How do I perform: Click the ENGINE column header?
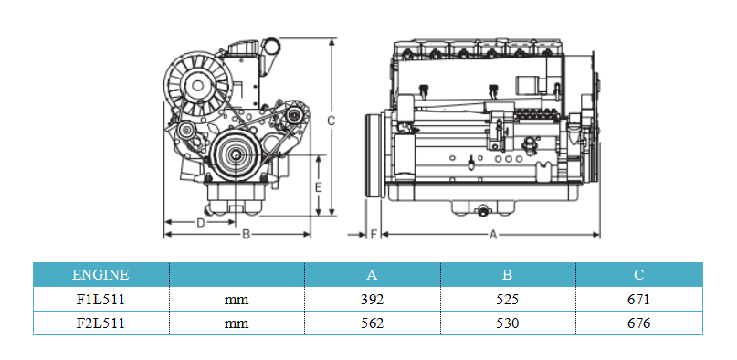[x=100, y=274]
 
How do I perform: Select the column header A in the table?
[x=372, y=274]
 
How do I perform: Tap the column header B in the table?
[x=507, y=274]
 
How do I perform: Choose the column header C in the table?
[x=639, y=274]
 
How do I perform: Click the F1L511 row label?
[x=100, y=299]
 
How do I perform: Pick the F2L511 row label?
[x=100, y=323]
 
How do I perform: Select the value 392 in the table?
[x=372, y=299]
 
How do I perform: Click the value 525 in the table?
[x=507, y=299]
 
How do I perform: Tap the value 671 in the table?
[x=639, y=299]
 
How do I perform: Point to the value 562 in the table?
[x=372, y=323]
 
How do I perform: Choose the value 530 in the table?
[x=507, y=323]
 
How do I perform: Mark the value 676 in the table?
[x=639, y=323]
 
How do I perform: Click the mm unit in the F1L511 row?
[x=236, y=299]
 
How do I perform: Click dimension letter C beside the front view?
[x=332, y=120]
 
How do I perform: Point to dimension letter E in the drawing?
[x=318, y=186]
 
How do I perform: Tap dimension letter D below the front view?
[x=200, y=222]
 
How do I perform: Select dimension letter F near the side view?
[x=374, y=235]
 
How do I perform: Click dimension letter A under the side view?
[x=493, y=235]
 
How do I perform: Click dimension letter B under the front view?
[x=246, y=235]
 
